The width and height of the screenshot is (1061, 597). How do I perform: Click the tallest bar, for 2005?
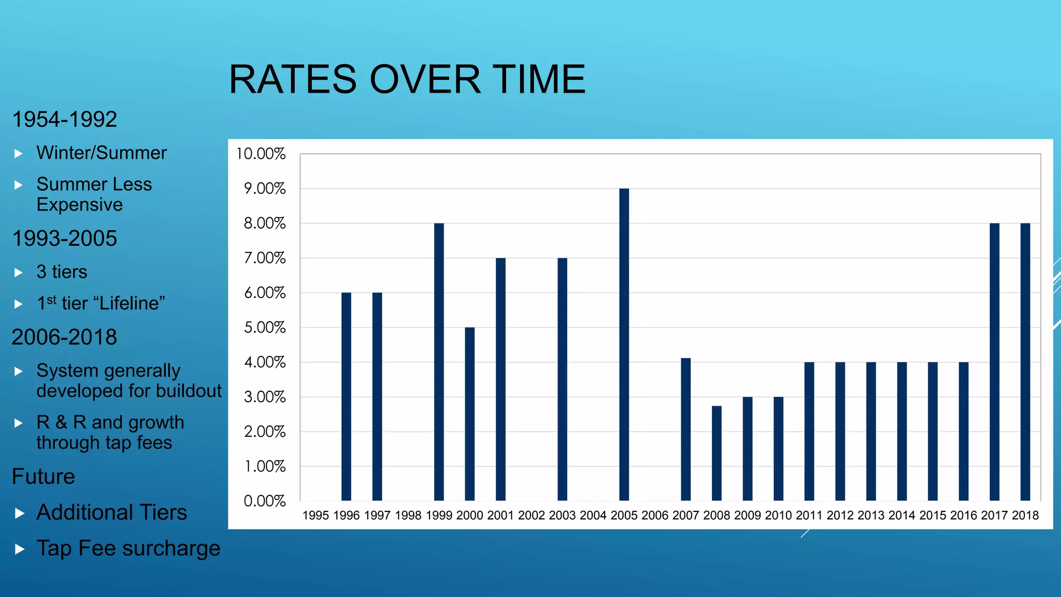[x=624, y=345]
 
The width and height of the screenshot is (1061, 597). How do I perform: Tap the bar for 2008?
[x=716, y=453]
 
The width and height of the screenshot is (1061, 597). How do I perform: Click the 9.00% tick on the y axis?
[x=265, y=189]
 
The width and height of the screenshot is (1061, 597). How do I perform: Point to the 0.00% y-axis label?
[x=265, y=501]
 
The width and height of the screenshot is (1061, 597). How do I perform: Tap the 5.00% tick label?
[x=265, y=328]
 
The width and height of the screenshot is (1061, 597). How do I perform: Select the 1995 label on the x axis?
[x=316, y=516]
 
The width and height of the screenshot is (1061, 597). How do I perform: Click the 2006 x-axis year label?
[x=655, y=516]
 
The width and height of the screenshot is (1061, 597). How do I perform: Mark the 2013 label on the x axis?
[x=871, y=516]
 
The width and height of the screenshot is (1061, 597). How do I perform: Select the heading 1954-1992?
[x=65, y=120]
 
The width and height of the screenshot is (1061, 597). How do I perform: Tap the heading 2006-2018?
[x=65, y=337]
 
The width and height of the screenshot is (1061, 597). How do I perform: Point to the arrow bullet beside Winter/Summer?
[x=19, y=153]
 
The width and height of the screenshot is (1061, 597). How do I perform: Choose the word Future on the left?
[x=44, y=477]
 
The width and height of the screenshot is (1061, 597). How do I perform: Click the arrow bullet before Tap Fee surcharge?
[x=20, y=549]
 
